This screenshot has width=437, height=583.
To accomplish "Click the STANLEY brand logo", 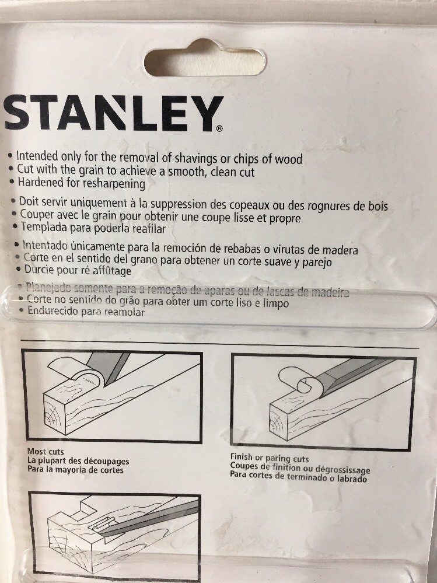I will (113, 113).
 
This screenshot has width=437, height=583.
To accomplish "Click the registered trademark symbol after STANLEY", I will (219, 127).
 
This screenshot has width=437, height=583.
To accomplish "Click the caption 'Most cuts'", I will (46, 451).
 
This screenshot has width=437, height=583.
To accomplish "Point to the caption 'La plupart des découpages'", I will (78, 461).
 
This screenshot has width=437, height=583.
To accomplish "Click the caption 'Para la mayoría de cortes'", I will (75, 470).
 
